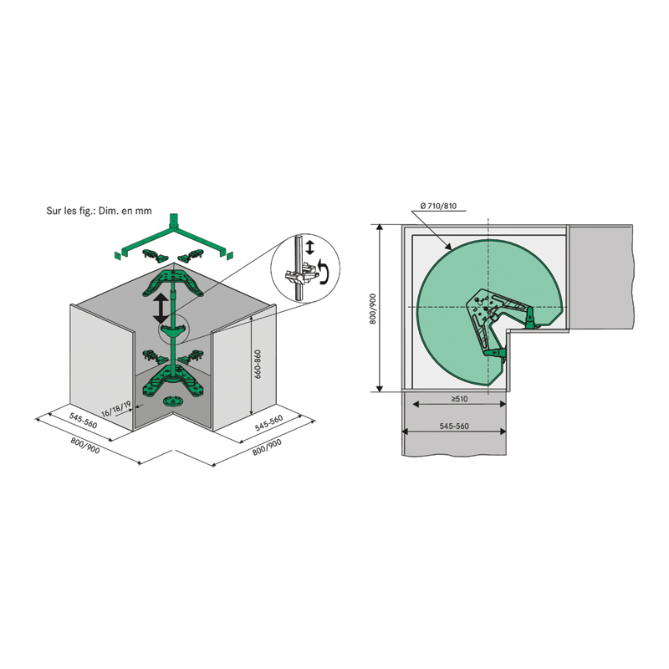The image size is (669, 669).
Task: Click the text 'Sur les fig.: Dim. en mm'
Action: click(x=99, y=211)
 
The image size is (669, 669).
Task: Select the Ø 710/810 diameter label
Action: click(x=438, y=206)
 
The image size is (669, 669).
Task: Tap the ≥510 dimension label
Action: click(x=459, y=399)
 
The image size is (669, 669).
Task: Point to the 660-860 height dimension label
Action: click(x=258, y=364)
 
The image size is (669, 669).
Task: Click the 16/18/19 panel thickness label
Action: click(x=116, y=408)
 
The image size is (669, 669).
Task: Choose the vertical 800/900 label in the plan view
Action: click(x=373, y=309)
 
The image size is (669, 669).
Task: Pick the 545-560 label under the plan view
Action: click(x=454, y=426)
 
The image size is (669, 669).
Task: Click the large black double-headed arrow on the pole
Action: click(x=161, y=308)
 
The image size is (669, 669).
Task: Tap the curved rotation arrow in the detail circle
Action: click(x=324, y=273)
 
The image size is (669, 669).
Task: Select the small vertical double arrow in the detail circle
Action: click(x=309, y=248)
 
